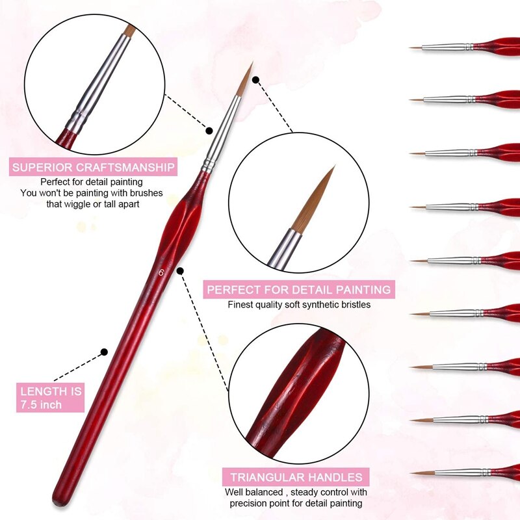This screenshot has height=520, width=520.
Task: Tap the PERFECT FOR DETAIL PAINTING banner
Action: point(298,289)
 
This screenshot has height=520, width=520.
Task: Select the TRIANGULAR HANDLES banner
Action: point(296,476)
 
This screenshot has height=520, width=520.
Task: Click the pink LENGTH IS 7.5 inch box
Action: point(51,398)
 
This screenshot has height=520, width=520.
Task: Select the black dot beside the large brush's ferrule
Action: point(210,130)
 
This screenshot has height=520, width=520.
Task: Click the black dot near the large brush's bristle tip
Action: point(255,81)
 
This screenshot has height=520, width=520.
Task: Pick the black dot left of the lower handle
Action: point(103,352)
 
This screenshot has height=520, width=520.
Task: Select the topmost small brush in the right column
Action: point(465,47)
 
